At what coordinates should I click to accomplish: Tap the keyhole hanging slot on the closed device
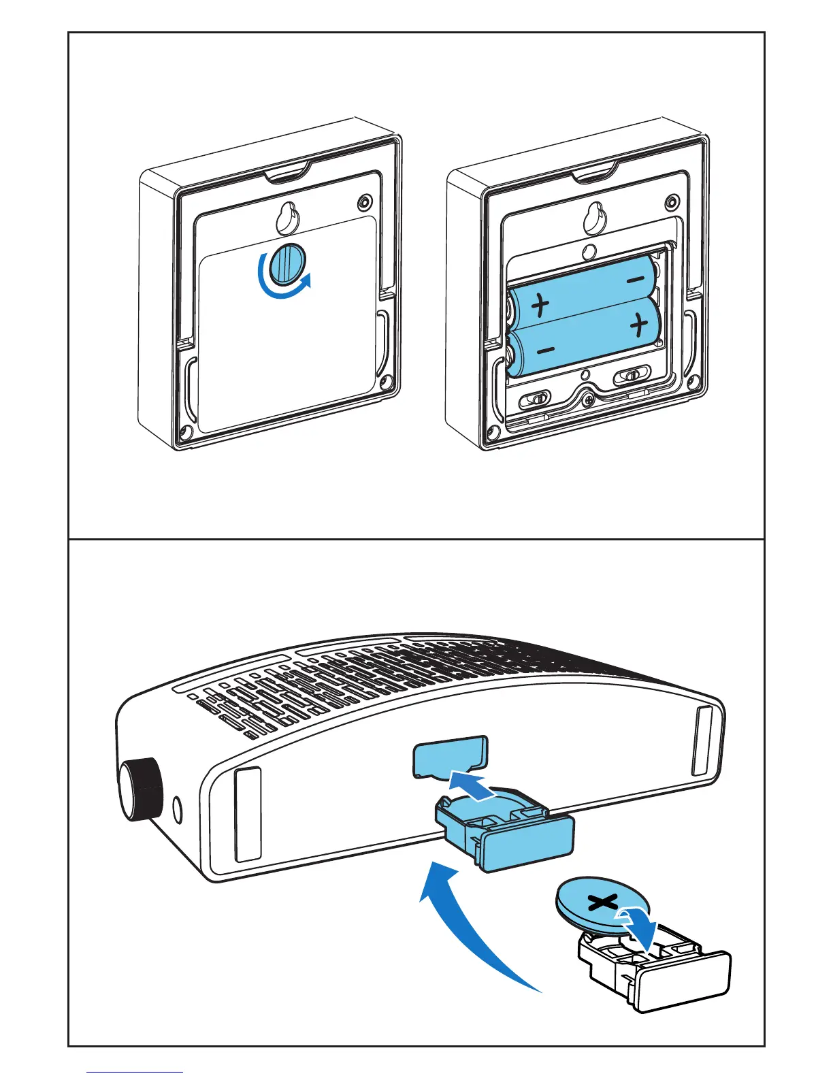(x=286, y=216)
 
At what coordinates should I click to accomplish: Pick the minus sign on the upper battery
(x=634, y=279)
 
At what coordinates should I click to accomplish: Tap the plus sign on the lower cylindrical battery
(x=638, y=326)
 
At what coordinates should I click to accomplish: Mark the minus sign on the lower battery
(x=545, y=350)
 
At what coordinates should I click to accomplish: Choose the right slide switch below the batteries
(x=632, y=375)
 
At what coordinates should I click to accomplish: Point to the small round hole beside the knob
(x=178, y=810)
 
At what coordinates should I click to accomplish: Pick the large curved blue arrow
(x=463, y=919)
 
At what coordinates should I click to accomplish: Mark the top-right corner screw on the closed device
(x=366, y=203)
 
